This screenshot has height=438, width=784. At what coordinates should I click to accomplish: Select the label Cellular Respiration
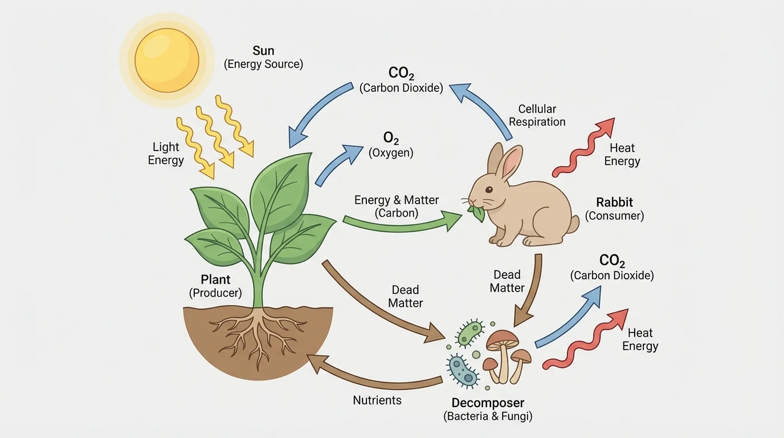tap(537, 115)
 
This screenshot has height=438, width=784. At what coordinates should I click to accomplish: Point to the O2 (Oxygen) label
tap(391, 145)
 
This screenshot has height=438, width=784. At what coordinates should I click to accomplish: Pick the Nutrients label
tap(377, 400)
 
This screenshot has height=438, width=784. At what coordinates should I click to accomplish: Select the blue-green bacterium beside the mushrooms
tap(463, 371)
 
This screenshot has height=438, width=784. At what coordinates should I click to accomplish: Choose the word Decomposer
tap(487, 403)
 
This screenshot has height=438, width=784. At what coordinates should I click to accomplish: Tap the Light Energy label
tap(166, 153)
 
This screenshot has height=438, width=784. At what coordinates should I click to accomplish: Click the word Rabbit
tap(614, 202)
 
